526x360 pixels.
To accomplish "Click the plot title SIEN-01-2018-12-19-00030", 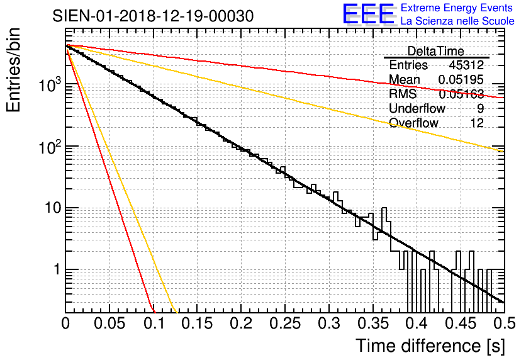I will tap(154, 16).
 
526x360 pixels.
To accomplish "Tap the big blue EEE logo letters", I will tap(367, 15).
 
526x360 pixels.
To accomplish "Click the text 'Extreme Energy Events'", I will tap(457, 8).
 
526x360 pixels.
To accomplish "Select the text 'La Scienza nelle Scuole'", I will tap(457, 21).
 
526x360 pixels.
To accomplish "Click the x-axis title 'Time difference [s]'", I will tap(428, 346).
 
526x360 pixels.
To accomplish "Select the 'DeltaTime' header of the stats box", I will tap(435, 51).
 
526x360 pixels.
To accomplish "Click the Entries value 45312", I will tap(466, 65).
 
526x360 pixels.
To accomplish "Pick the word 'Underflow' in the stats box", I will tap(417, 108).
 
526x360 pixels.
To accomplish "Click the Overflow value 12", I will tap(477, 123).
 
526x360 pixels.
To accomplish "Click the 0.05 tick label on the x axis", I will tap(109, 324).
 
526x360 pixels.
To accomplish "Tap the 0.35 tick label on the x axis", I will tap(328, 324).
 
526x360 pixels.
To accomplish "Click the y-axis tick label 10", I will tap(52, 208).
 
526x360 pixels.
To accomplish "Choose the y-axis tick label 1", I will tap(56, 270).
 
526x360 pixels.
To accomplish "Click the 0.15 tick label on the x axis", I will tap(197, 324).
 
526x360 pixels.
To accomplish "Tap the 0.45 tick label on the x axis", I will tap(415, 324).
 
